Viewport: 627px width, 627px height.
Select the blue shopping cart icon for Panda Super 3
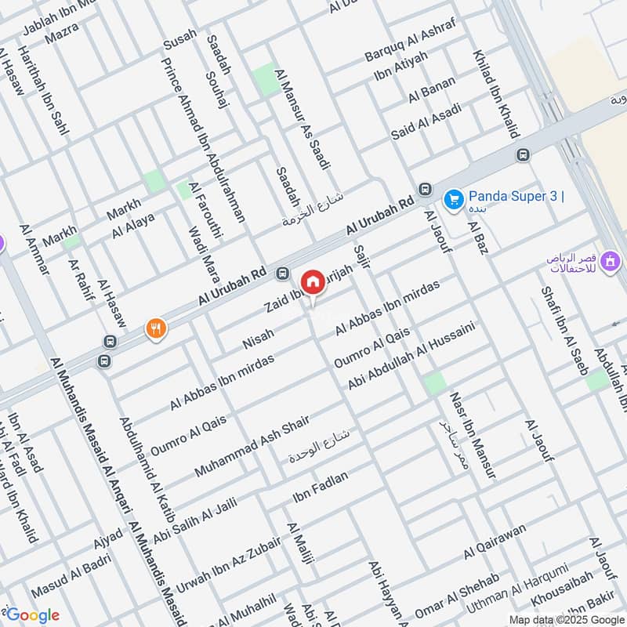453,200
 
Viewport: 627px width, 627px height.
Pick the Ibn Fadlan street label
320,487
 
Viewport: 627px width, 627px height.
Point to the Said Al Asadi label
426,121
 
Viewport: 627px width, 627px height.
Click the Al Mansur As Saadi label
302,118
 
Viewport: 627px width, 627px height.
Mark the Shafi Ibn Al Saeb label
564,329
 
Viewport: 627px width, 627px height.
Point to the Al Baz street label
477,237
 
